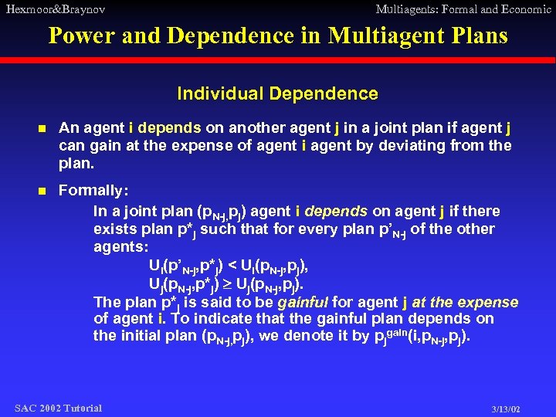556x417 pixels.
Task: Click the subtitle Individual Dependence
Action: click(277, 94)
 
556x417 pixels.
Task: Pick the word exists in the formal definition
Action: click(115, 229)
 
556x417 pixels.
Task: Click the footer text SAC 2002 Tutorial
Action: click(58, 408)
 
